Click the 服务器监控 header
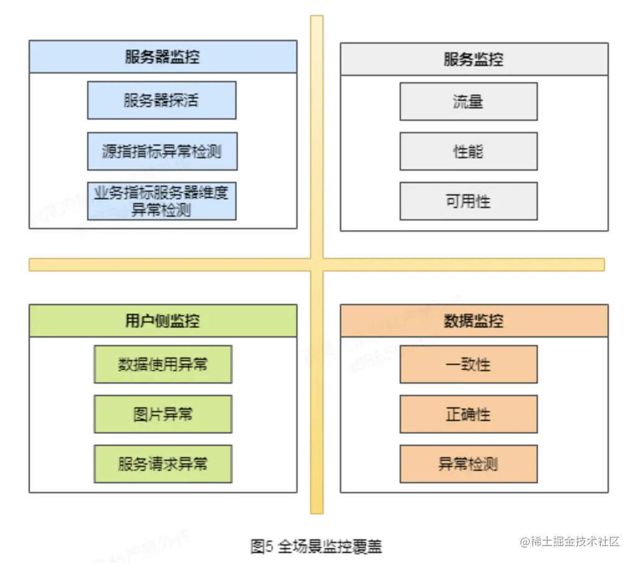click(x=162, y=57)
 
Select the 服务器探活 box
click(x=161, y=100)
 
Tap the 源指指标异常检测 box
click(x=162, y=151)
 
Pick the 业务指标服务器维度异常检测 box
click(x=162, y=201)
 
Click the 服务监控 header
click(x=474, y=59)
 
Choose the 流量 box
click(x=468, y=102)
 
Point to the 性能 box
click(x=468, y=151)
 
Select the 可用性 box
click(x=468, y=201)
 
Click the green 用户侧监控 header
click(x=162, y=321)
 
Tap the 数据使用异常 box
click(x=162, y=364)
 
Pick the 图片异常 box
click(x=162, y=414)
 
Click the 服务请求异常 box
click(x=162, y=464)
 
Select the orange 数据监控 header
click(x=474, y=321)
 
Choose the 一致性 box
click(x=468, y=364)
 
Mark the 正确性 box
click(x=468, y=414)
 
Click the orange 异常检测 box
click(x=468, y=464)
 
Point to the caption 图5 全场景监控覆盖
click(x=316, y=547)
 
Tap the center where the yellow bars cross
click(x=317, y=265)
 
